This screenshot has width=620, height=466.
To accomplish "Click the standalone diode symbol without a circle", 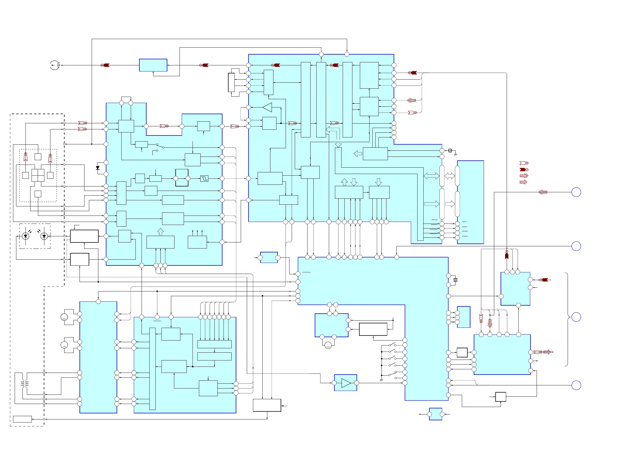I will point(98,168).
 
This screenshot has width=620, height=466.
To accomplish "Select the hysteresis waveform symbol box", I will point(204,178).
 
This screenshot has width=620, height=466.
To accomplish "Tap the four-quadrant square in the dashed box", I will point(38,175).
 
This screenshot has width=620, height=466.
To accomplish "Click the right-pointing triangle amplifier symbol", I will point(346,383).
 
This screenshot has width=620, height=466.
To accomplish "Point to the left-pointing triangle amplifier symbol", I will point(267,107).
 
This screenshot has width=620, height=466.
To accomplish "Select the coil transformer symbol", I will point(25,383).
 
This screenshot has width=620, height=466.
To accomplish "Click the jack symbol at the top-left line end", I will point(55,65).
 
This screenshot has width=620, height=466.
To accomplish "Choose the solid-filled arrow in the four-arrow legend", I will point(524,169).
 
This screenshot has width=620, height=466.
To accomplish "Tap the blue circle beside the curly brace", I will point(576,317).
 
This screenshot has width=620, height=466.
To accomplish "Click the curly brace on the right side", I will point(567,319).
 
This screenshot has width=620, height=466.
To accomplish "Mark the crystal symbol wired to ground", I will point(450,150).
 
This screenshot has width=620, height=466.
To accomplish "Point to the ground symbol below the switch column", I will point(381,380).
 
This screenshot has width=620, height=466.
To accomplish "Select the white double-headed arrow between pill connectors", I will point(450,176).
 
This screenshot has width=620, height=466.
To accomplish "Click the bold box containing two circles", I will point(182,178).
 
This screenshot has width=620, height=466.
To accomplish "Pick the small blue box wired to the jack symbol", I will point(153,65).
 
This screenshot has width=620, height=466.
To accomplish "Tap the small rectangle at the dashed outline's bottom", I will point(22,419).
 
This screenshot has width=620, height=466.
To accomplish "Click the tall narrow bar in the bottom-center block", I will point(152,369).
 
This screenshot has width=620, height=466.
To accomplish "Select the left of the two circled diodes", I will point(25,236).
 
